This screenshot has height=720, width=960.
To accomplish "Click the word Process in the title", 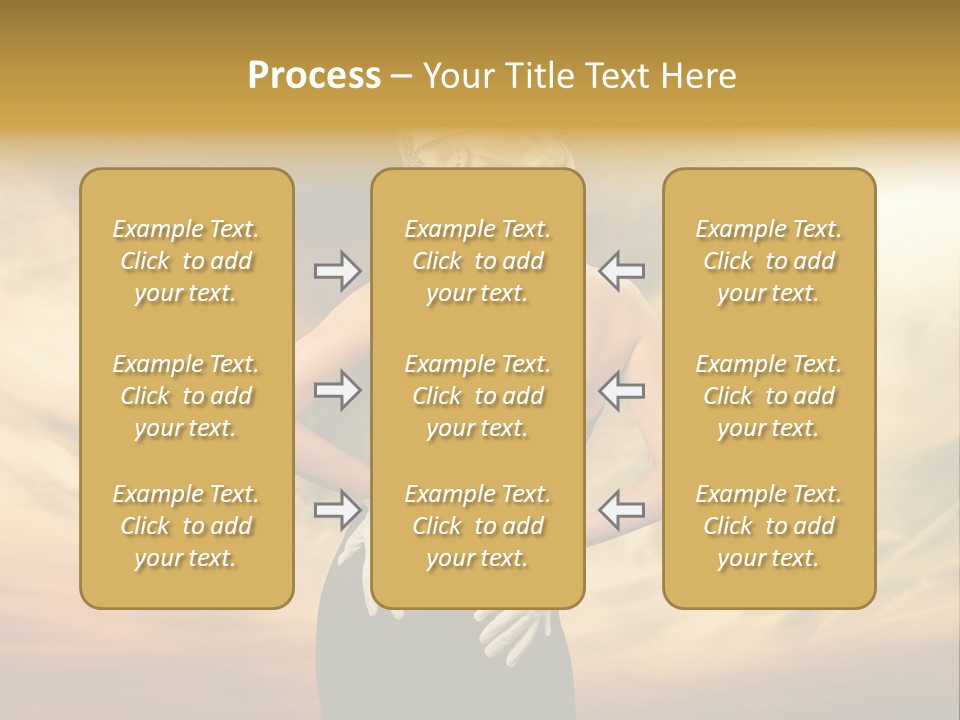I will coord(314,76).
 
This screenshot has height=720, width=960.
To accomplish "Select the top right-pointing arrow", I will coord(337,270).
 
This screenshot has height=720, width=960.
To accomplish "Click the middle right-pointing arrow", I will coord(337,390).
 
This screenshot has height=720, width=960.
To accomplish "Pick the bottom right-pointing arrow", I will coord(337,510).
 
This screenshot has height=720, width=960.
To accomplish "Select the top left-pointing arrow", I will coord(622,270).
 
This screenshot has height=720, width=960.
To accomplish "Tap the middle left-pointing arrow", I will coord(622,390).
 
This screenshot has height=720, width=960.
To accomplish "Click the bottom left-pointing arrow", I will coord(622,510).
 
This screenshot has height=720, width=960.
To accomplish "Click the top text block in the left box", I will coord(186,261).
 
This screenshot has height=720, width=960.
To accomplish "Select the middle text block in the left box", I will coord(186,396).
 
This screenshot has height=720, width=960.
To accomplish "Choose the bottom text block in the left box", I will coord(186,526).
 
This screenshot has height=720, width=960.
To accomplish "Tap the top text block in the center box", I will coord(478,261).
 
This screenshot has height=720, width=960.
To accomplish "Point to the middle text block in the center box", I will coord(478,396).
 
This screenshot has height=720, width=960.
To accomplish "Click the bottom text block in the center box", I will coord(478,526).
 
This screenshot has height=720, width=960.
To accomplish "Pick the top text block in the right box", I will coord(769,261).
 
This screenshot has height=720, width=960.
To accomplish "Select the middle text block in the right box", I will coord(769,396).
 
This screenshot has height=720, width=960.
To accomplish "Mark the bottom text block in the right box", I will coord(769,526).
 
